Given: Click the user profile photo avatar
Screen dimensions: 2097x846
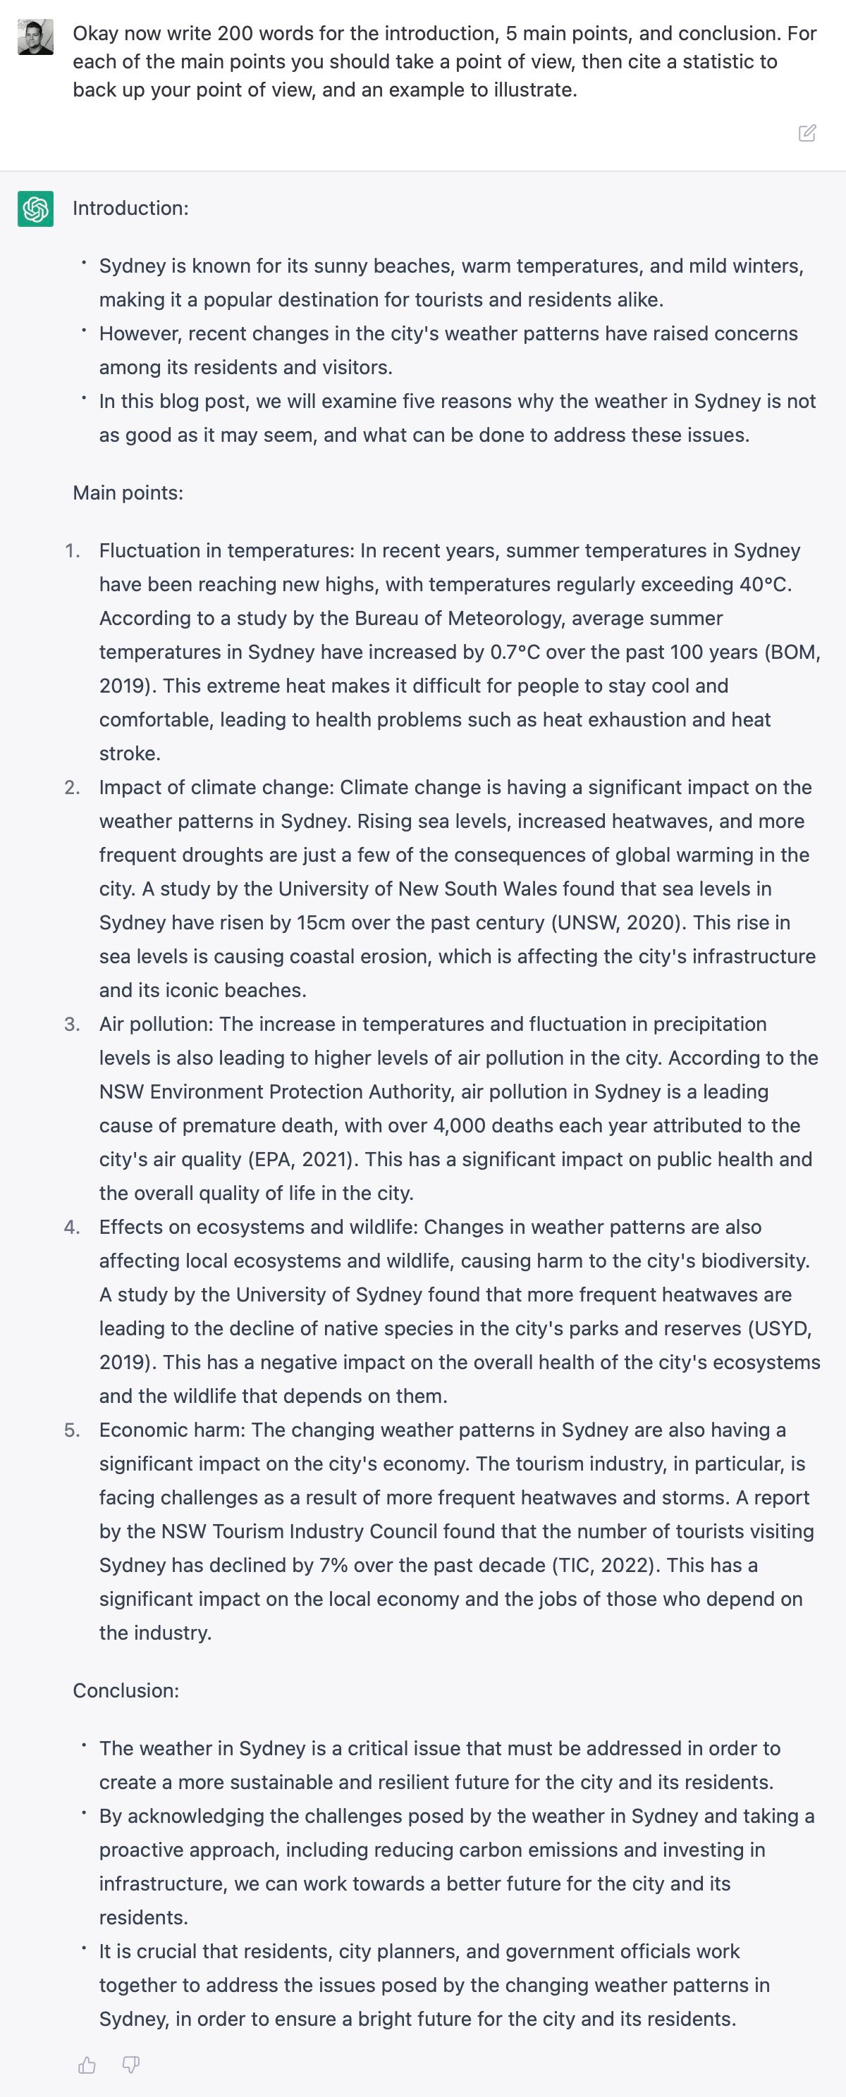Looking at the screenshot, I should point(36,37).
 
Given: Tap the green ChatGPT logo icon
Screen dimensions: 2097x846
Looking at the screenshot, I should point(36,209).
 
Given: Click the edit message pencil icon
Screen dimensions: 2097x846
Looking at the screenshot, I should point(807,132).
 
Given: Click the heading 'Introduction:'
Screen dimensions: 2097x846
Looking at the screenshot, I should point(130,209).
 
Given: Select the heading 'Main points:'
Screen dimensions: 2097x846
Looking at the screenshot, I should point(128,493).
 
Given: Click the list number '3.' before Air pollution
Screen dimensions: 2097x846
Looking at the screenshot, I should point(73,1024).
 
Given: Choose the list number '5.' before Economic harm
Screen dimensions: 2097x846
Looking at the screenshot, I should point(73,1430).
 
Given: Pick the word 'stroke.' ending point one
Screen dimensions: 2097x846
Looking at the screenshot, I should point(130,754).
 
